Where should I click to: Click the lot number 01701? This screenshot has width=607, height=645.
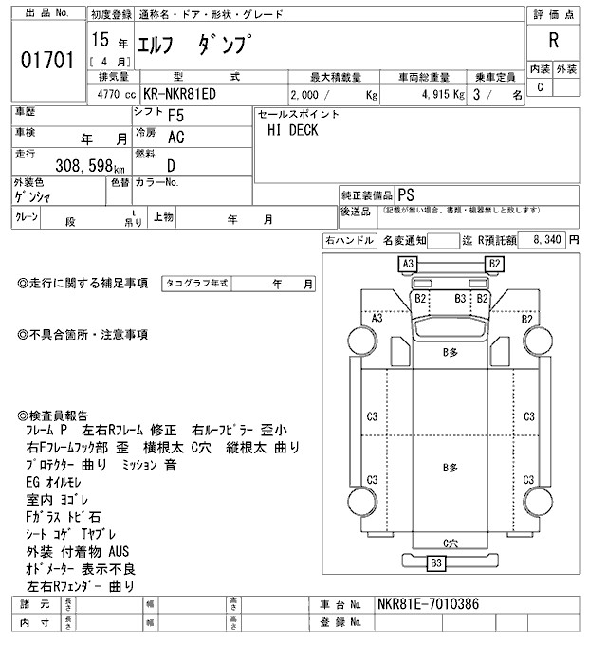tap(46, 62)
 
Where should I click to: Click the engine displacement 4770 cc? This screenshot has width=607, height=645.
tap(117, 96)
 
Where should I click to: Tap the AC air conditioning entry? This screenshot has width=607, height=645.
tap(175, 138)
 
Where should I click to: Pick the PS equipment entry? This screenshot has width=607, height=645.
tap(407, 193)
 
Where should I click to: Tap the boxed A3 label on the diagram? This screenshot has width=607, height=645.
tap(409, 263)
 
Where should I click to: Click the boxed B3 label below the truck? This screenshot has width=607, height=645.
tap(436, 563)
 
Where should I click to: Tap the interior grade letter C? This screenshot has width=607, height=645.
tap(540, 88)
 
